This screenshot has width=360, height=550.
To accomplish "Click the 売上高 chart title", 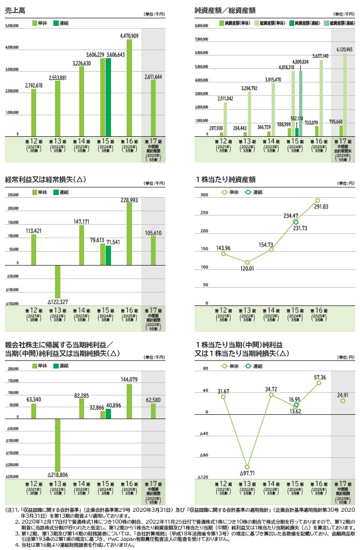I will coord(15,10).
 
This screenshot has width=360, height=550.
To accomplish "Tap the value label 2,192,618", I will coord(33,85).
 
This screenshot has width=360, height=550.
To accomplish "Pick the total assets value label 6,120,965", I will coord(343,49).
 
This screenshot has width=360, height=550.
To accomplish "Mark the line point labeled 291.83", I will coord(318,200).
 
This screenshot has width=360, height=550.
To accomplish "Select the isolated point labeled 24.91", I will coord(342,401).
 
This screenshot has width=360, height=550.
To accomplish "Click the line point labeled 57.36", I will coord(319,383).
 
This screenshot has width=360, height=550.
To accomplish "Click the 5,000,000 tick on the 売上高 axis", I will coord(12,25).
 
